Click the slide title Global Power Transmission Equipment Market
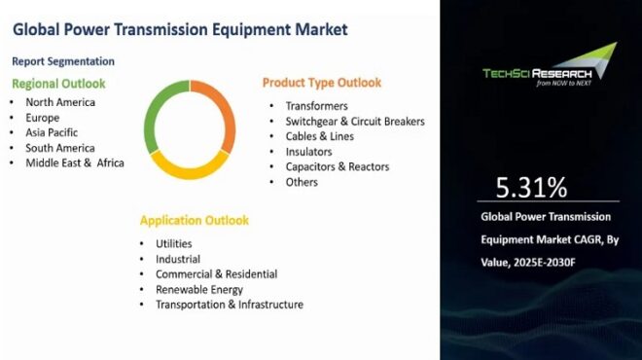(180, 29)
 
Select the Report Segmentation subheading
(63, 61)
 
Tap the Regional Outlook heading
(58, 84)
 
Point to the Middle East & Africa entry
(75, 162)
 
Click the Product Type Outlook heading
(322, 83)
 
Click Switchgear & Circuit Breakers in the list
(355, 121)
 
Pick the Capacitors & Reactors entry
(337, 166)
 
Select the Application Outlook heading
(194, 220)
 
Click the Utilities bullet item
(173, 243)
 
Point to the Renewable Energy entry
(199, 289)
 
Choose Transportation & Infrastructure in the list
(229, 305)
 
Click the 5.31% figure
(531, 187)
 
